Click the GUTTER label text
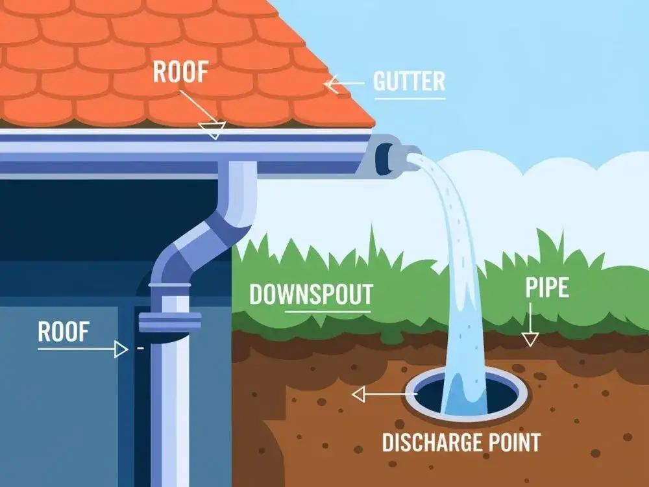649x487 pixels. tap(409, 82)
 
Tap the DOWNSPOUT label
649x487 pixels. tap(311, 294)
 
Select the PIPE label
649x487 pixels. tap(547, 288)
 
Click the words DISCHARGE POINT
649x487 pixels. tap(461, 443)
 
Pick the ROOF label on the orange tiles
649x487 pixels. tap(180, 72)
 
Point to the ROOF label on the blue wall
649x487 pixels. tap(62, 332)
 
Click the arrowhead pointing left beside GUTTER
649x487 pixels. tap(331, 84)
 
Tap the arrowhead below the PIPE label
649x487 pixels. tap(530, 339)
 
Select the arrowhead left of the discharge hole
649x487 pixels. tap(358, 393)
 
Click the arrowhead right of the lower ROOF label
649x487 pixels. tap(121, 349)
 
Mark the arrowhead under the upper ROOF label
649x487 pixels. tap(212, 131)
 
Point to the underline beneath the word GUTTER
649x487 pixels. tap(409, 98)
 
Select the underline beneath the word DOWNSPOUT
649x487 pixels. tap(327, 310)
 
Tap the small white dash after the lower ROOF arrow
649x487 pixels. tap(140, 349)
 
